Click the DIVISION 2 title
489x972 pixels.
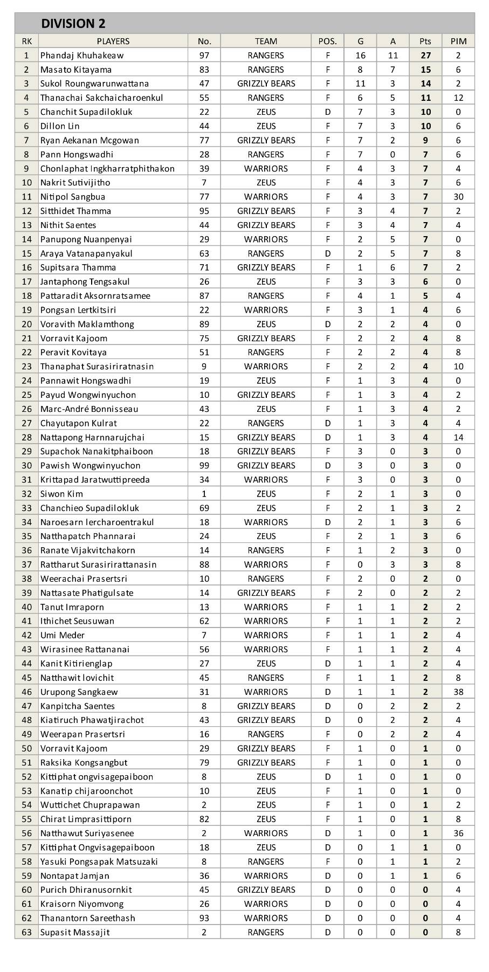pos(73,24)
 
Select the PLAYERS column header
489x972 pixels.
pos(113,41)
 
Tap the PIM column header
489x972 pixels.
pos(458,41)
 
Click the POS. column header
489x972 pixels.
pos(327,41)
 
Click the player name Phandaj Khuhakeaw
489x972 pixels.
pos(82,56)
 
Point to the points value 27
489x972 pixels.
pos(425,56)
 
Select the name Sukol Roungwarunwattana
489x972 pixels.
pos(94,84)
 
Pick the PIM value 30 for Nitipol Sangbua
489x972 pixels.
pos(458,197)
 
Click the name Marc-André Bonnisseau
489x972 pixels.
pos(89,409)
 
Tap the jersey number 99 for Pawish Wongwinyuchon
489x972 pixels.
pos(204,466)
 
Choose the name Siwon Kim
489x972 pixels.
pos(61,494)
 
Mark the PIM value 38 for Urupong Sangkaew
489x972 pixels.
pos(458,692)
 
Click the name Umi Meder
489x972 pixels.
pos(63,636)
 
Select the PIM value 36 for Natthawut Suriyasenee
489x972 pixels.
pos(458,833)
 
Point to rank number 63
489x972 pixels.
pos(27,933)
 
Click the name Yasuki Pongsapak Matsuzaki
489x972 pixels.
pos(99,861)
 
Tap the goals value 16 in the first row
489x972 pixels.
pos(360,56)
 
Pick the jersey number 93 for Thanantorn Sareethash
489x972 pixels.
pos(204,918)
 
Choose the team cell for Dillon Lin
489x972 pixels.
pos(266,126)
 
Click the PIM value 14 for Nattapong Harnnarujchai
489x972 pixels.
pos(458,437)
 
